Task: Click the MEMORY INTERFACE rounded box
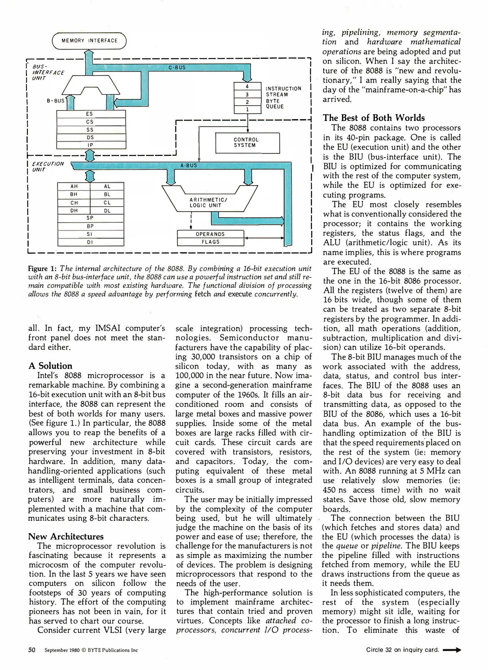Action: pos(89,41)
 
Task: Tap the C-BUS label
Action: pos(177,67)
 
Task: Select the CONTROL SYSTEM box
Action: pos(247,143)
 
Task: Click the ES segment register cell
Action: pos(91,114)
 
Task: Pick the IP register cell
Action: pos(91,145)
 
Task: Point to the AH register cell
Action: pos(74,186)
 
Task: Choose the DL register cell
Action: pos(107,211)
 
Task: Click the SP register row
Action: pos(91,218)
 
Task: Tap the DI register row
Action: pos(91,242)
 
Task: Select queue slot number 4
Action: pos(247,87)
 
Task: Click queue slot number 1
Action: pos(247,109)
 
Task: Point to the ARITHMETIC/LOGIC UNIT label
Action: pos(208,203)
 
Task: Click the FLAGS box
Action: pos(211,242)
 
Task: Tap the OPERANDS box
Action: pos(211,234)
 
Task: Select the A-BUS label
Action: pos(189,166)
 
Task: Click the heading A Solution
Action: pos(50,366)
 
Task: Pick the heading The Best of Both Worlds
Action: pos(374,118)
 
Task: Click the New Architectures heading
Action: pos(66,536)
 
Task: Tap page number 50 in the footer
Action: pos(32,650)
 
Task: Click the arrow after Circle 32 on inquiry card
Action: pos(452,650)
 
